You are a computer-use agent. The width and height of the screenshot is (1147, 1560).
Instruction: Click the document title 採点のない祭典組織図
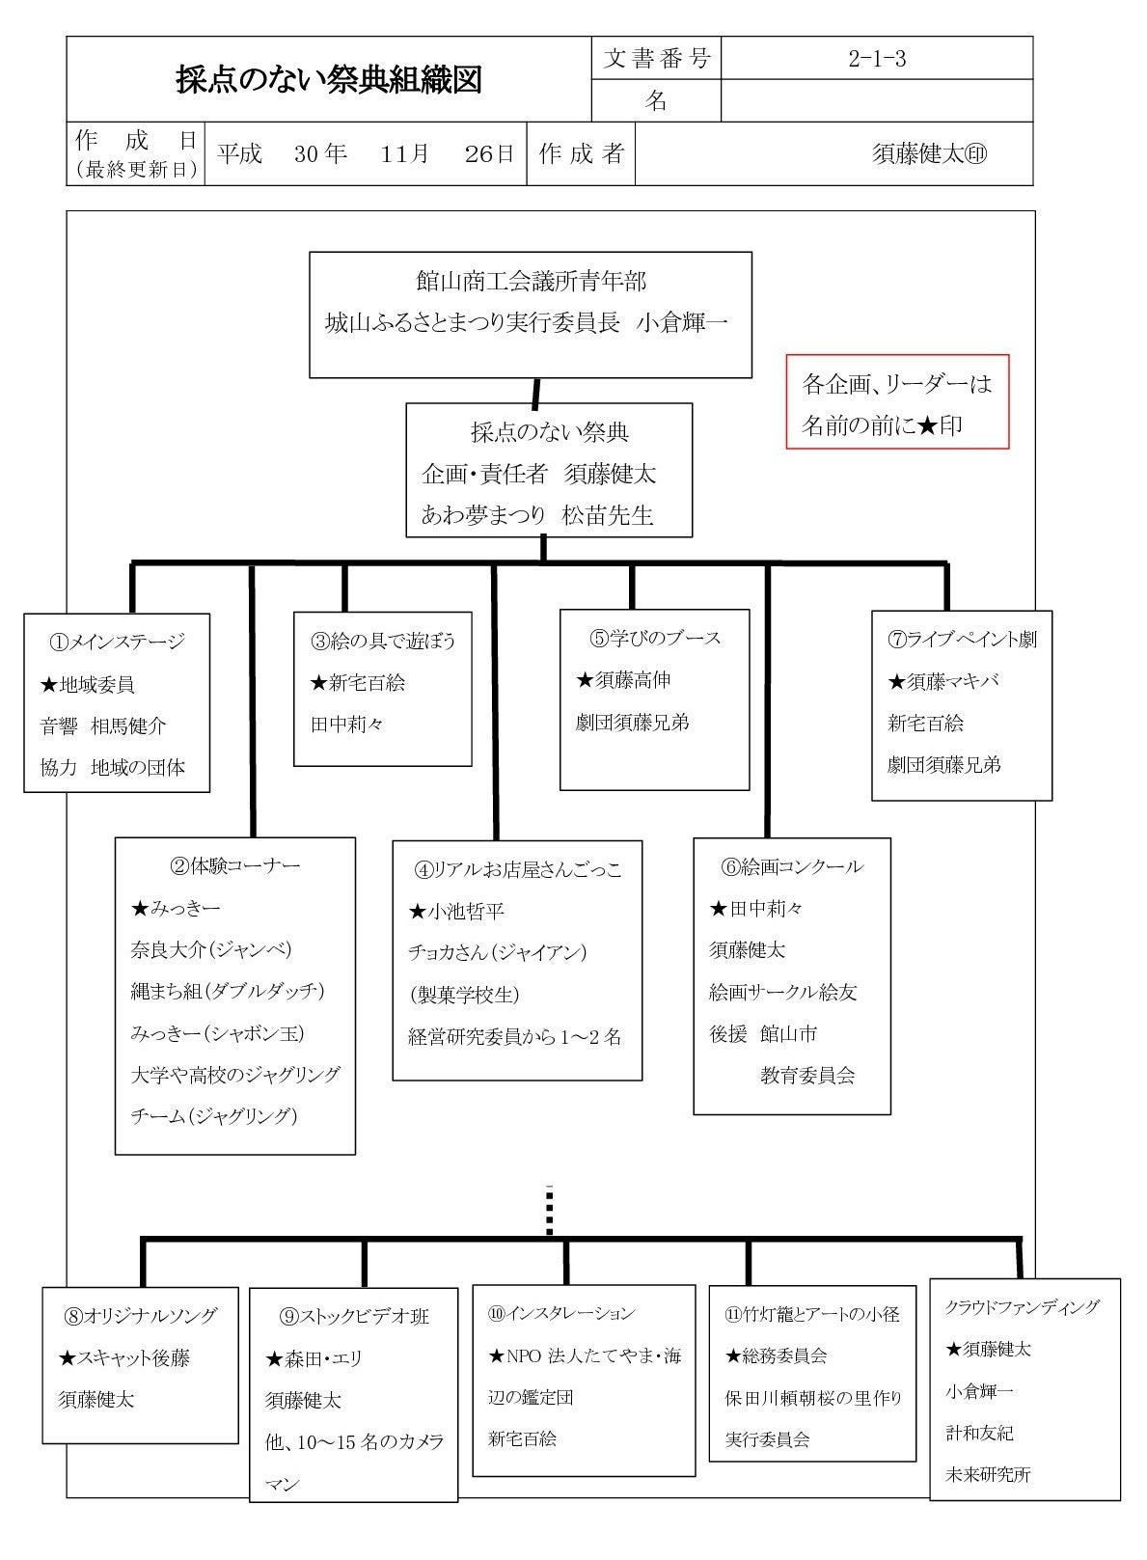[x=328, y=80]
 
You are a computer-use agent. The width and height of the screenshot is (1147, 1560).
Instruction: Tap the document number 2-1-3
[x=876, y=59]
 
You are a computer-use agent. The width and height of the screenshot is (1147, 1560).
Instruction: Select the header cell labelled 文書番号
[x=656, y=59]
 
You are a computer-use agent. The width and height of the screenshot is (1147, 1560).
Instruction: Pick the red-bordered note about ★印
[x=897, y=403]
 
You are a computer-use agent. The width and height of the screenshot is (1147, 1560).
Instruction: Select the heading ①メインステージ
[x=117, y=642]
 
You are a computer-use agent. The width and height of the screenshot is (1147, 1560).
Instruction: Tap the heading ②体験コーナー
[x=235, y=865]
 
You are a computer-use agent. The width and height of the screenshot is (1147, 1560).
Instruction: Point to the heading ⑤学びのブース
[x=655, y=638]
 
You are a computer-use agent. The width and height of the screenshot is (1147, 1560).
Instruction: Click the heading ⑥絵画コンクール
[x=791, y=866]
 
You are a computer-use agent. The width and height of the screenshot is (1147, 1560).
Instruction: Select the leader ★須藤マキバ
[x=942, y=681]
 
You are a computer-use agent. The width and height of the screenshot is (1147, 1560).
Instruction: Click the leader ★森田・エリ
[x=314, y=1358]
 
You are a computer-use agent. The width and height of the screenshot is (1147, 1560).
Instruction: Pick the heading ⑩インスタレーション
[x=561, y=1313]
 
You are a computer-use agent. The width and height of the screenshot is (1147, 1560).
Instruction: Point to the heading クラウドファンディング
[x=1022, y=1307]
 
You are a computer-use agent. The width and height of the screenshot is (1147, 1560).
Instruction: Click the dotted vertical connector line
[x=549, y=1211]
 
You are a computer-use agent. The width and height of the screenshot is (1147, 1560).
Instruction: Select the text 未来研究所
[x=988, y=1475]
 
